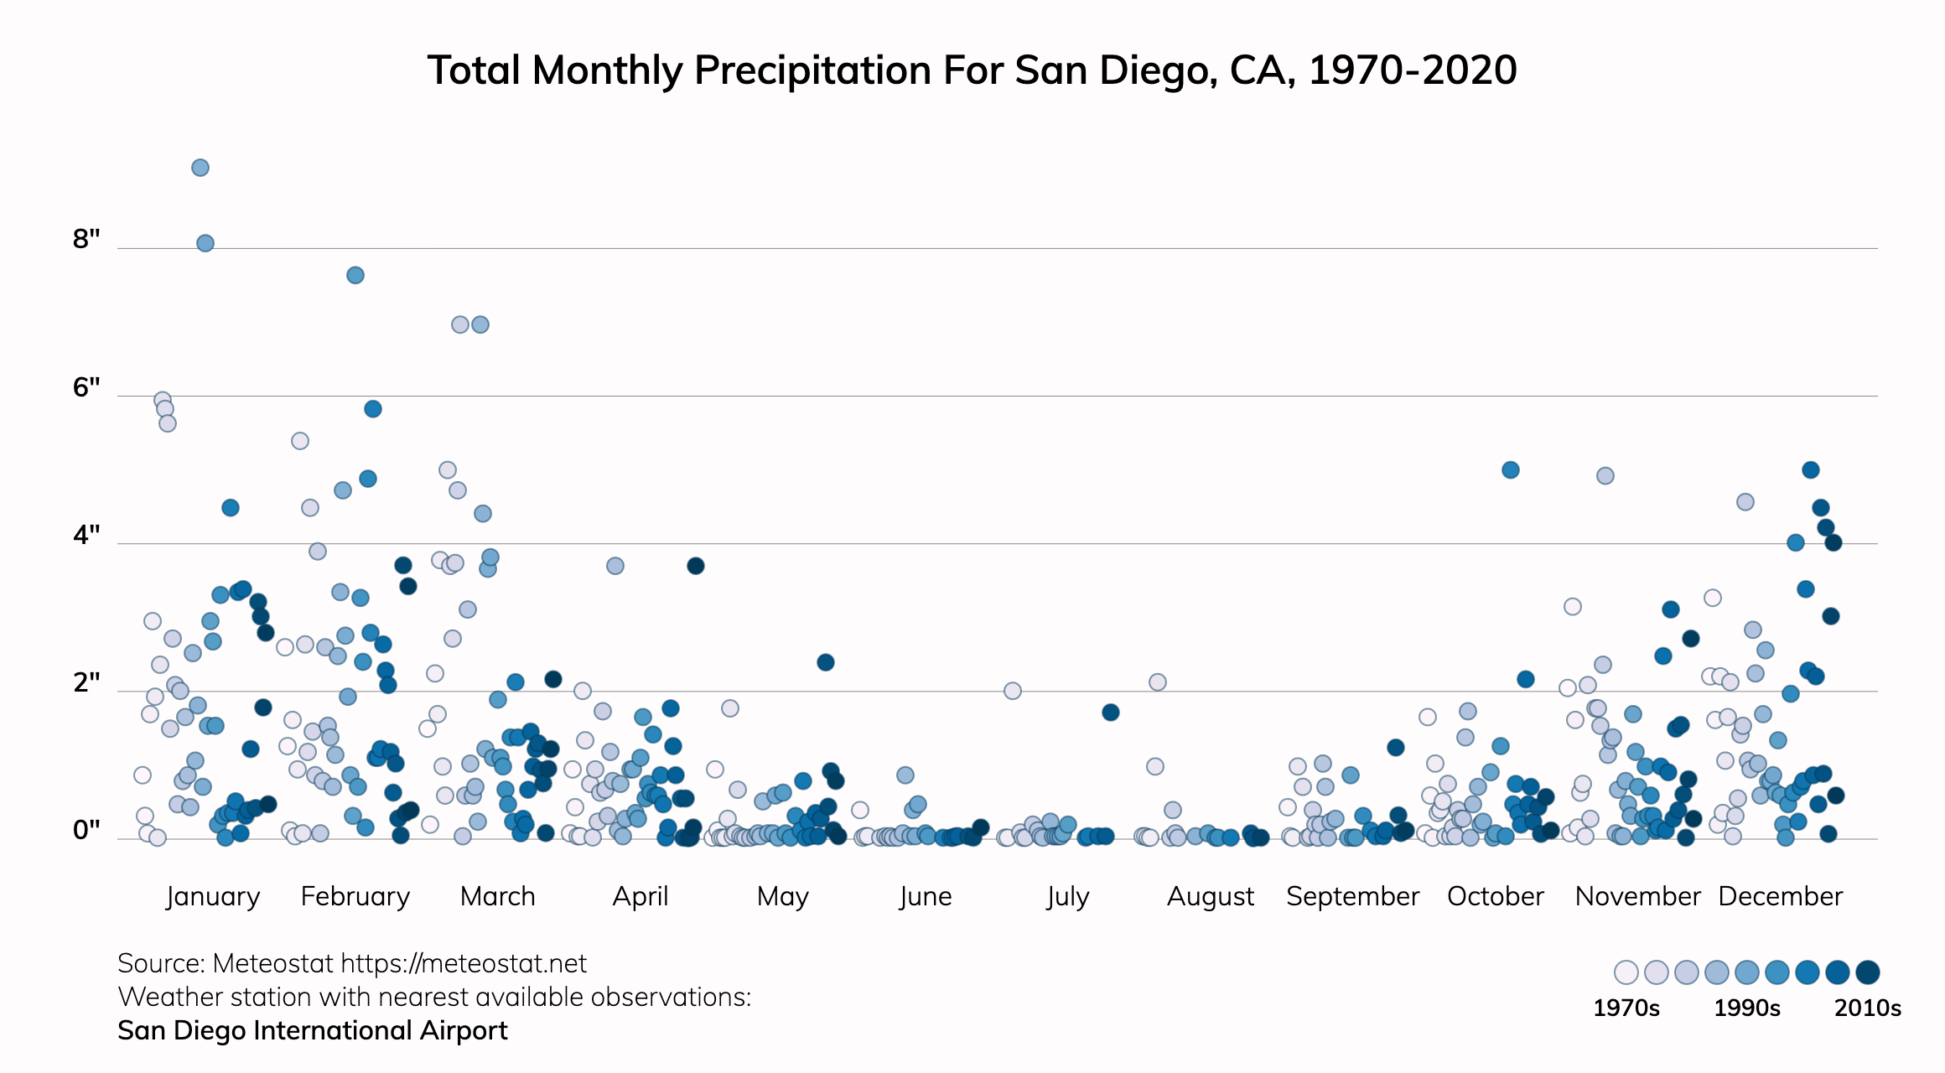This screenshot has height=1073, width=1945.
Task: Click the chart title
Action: [972, 70]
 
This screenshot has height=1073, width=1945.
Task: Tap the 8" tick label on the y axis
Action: [86, 240]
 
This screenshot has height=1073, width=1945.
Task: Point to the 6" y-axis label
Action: [86, 387]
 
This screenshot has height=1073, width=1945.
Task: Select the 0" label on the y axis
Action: [86, 830]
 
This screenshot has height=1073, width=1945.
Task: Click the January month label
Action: [213, 896]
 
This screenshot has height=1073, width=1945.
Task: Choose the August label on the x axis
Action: [1211, 896]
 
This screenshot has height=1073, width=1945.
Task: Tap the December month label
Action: [1780, 896]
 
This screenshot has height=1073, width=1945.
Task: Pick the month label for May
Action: [782, 896]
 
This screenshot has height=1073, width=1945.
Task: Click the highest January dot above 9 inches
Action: [200, 168]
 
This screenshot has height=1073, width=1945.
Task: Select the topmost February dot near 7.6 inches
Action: [355, 275]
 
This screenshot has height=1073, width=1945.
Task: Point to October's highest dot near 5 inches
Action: [1511, 470]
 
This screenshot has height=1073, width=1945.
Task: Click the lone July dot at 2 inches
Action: [1013, 691]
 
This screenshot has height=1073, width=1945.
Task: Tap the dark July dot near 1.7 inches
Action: [1111, 713]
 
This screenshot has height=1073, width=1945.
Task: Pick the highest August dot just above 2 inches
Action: [1158, 682]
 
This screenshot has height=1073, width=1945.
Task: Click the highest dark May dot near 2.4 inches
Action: [826, 662]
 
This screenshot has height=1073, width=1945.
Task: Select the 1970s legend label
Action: [1626, 1008]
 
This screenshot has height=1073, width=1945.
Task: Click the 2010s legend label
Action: [1867, 1008]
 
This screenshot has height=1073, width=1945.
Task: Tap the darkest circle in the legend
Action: [1868, 972]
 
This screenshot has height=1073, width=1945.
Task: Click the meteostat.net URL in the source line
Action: [464, 964]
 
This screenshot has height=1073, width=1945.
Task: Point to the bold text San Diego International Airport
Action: [313, 1030]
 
